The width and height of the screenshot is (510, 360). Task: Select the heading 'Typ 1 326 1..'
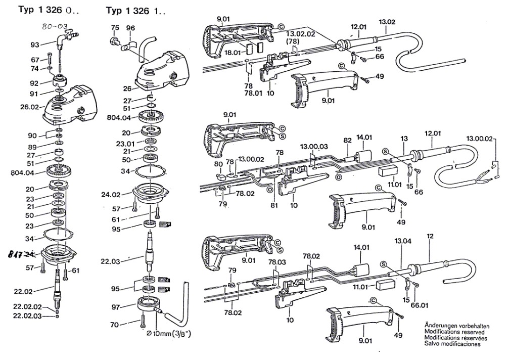(x=135, y=10)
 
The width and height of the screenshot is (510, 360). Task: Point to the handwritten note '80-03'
(x=55, y=27)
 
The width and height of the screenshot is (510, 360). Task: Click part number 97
(x=116, y=307)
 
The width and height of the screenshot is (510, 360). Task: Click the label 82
(x=347, y=139)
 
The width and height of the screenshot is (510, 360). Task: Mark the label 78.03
(x=277, y=262)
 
